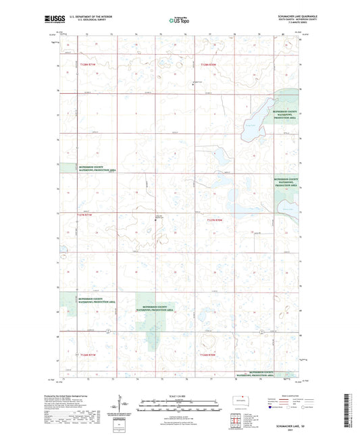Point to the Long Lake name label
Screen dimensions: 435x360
[251, 123]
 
